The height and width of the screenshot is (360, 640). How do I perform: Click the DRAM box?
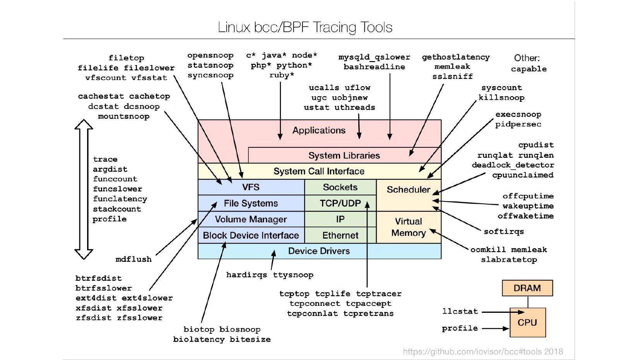[527, 288]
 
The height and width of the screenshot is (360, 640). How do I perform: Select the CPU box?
[527, 322]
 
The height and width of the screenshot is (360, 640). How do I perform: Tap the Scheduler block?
[408, 190]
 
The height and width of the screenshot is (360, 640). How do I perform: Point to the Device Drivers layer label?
[319, 251]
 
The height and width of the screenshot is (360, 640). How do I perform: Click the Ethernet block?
[340, 235]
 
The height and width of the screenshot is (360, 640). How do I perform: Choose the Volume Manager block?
[251, 219]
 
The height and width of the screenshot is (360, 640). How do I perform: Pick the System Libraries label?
[344, 155]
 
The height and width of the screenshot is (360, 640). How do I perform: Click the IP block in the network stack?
[340, 219]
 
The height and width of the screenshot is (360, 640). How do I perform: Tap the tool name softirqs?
[503, 232]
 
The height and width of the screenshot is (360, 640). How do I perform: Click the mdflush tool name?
[133, 259]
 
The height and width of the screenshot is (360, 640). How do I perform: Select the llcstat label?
[460, 311]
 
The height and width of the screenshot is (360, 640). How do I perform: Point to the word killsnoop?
[501, 97]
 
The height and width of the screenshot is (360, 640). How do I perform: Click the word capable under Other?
[529, 69]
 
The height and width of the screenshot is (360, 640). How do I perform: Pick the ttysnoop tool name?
[293, 275]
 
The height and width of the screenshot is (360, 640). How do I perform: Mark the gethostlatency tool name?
[455, 57]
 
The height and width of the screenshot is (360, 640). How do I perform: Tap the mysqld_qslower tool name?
[374, 57]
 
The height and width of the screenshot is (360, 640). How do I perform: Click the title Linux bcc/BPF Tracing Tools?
[305, 27]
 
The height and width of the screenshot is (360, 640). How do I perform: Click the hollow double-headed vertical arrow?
[84, 189]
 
